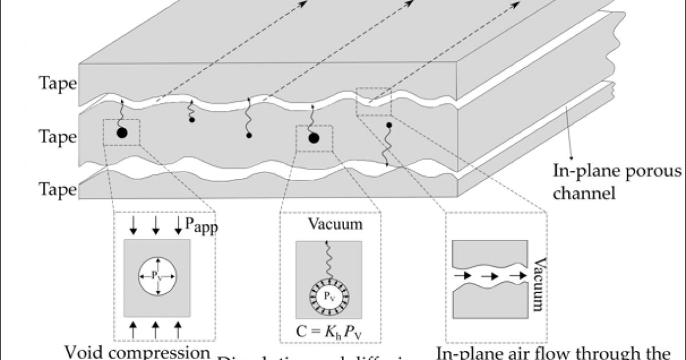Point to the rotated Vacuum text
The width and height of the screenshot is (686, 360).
pos(537,283)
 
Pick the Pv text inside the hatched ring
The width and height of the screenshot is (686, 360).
pos(328,297)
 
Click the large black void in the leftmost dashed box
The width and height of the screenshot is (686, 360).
pos(121,133)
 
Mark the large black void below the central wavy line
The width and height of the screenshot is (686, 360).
pos(313,138)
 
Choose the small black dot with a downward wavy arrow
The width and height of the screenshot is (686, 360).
pos(389,125)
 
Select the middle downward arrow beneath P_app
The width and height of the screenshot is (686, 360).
pos(155,228)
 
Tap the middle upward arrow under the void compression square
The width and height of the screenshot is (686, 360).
pos(155,329)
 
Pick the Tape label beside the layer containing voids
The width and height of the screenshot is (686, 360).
pos(57,137)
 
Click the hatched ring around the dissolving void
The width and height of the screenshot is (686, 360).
pos(328,297)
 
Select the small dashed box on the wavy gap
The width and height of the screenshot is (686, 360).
pos(373,102)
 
